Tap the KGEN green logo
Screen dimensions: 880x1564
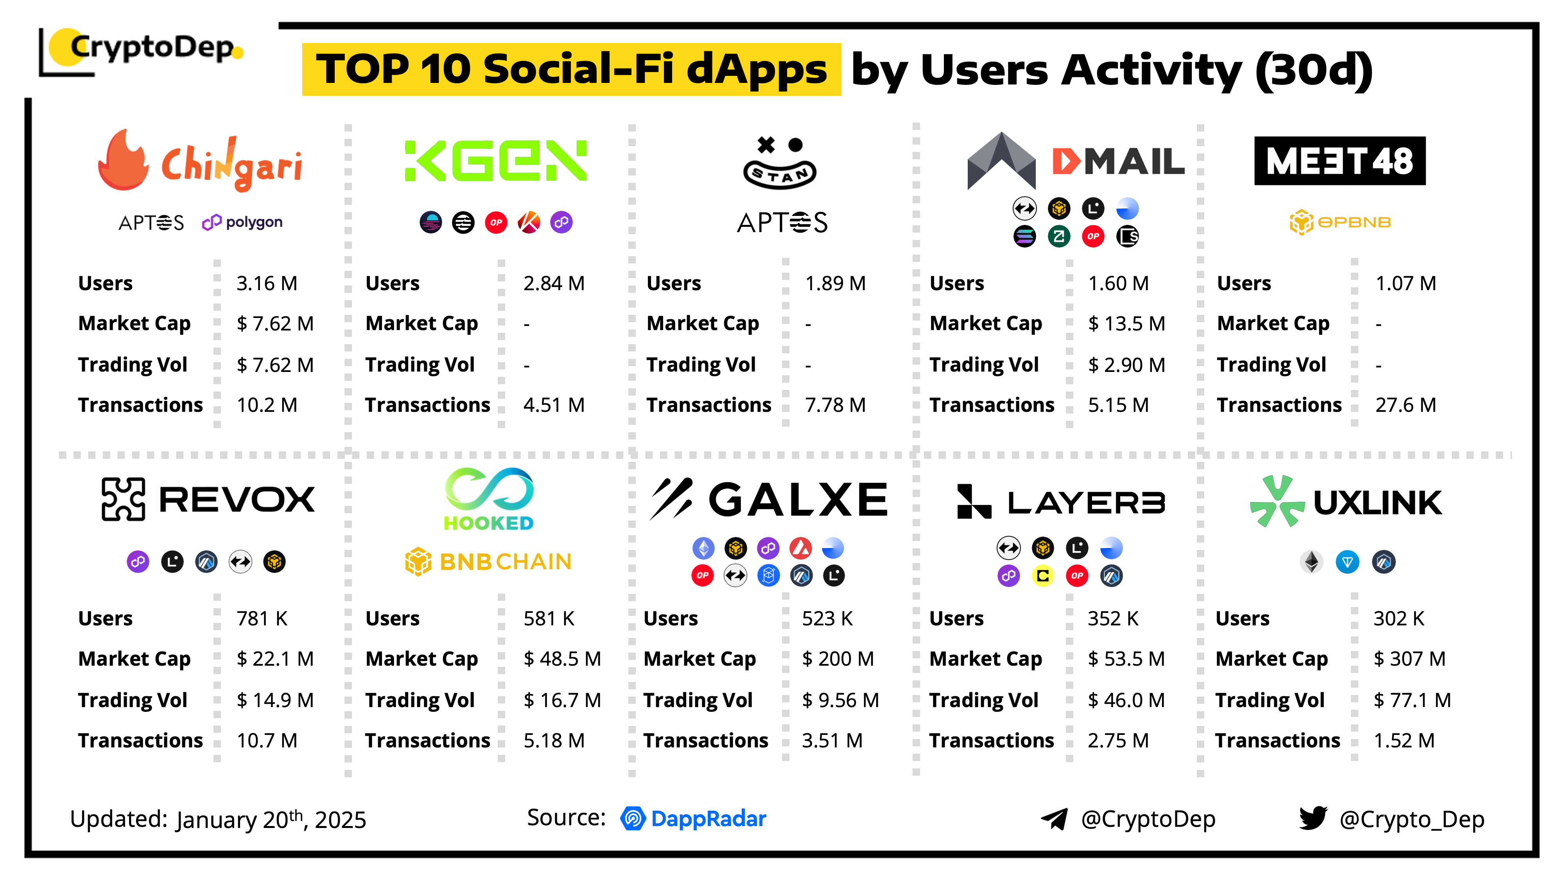pos(495,161)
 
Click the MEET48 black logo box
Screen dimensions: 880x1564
pos(1339,161)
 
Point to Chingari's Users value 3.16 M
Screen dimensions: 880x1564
pos(267,284)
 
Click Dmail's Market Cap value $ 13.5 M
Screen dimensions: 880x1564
pos(1126,324)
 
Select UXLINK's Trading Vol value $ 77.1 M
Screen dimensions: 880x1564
pos(1412,700)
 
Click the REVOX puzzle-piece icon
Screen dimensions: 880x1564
pos(123,499)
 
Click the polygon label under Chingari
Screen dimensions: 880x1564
pos(242,222)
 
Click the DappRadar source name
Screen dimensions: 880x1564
pos(708,819)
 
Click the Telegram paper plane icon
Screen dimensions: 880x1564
pos(1055,819)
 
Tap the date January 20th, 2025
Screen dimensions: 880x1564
pos(271,820)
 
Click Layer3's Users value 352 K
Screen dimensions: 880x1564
pos(1112,619)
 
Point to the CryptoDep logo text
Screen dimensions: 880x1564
pos(152,47)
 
